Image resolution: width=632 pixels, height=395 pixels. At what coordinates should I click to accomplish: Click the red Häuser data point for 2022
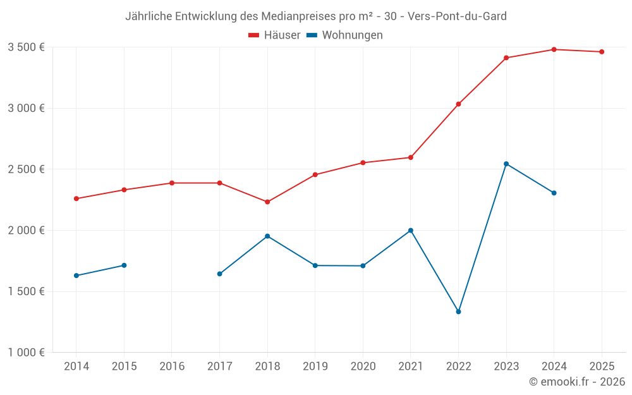point(458,104)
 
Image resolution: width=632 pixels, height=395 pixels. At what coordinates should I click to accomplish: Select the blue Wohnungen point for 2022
point(458,312)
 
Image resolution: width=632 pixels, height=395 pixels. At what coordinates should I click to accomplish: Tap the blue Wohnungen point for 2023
point(506,164)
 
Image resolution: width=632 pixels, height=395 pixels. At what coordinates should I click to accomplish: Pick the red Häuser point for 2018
point(267,202)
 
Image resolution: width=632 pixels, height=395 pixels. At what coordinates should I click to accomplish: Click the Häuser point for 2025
point(602,52)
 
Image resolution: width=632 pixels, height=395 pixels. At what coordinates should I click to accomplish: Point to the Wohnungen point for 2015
point(124,265)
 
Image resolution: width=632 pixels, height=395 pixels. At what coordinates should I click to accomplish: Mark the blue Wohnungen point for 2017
point(219,274)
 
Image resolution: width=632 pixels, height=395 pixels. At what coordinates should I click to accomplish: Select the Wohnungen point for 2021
point(411,231)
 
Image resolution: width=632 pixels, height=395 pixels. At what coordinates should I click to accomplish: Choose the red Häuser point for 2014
point(76,198)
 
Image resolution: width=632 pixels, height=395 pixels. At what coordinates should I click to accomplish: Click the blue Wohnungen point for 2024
point(554,193)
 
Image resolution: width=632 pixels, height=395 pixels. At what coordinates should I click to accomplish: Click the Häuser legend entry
point(274,35)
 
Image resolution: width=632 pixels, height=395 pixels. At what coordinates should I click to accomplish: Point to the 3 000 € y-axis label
point(26,108)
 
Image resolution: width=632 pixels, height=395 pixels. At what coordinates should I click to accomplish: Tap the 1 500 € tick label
point(26,291)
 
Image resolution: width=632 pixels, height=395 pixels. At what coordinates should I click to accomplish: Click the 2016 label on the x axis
point(172,366)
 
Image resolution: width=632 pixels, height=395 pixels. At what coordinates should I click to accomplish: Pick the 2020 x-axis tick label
point(363,366)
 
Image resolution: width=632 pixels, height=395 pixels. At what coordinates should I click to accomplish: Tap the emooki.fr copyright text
point(577,382)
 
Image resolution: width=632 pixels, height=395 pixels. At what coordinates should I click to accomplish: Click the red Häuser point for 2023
point(506,58)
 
